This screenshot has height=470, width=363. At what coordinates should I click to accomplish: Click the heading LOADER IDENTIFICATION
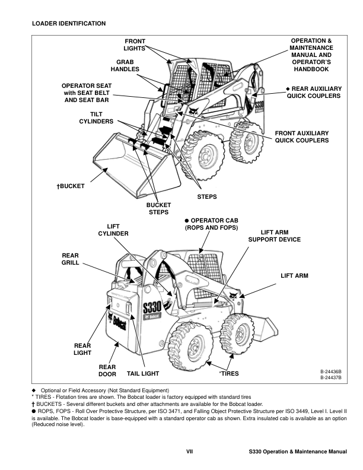coord(69,24)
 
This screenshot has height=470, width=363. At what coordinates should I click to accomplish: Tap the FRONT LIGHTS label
coord(135,45)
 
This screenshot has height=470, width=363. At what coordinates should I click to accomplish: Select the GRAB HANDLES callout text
coord(128,65)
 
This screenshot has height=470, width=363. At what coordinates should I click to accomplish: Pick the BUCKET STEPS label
coord(158,208)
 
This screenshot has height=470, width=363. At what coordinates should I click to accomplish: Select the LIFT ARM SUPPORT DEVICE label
coord(274,236)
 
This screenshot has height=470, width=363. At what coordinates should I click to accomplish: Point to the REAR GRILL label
coord(70,259)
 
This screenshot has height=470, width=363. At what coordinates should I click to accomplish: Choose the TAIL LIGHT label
coord(143,374)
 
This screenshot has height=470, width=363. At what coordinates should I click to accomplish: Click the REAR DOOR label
coord(107,370)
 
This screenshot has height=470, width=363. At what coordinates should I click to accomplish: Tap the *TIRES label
coord(229,374)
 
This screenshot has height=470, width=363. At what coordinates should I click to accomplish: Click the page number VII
coord(189,452)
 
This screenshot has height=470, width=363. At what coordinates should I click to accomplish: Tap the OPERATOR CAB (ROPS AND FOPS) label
coord(211,224)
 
